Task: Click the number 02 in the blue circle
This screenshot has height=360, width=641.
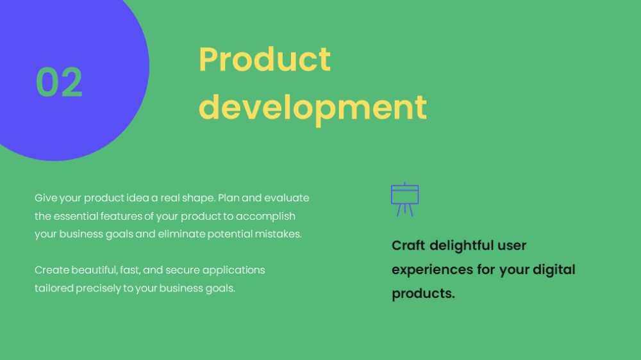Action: click(59, 82)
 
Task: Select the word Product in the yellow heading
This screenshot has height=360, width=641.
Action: click(265, 59)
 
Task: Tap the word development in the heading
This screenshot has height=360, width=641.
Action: click(313, 108)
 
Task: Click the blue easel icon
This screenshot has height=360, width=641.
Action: click(404, 199)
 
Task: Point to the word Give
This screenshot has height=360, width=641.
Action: click(46, 198)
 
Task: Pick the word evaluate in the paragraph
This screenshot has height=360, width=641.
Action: click(287, 198)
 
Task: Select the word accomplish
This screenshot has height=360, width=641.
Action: click(265, 217)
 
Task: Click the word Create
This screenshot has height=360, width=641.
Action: click(52, 270)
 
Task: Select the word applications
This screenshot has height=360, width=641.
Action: click(233, 270)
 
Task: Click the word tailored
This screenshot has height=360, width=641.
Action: click(54, 288)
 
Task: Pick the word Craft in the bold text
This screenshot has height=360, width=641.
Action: click(408, 245)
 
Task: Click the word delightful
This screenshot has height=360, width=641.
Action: click(462, 245)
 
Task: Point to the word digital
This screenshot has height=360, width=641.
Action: click(554, 270)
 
